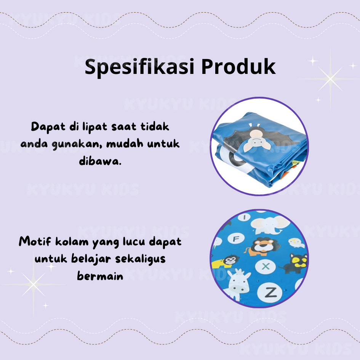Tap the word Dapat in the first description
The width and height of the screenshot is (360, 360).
click(48, 127)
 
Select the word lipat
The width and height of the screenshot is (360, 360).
click(95, 127)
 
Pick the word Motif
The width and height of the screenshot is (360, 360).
click(35, 241)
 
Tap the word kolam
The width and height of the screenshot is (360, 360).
click(72, 241)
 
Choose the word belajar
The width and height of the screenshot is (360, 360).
click(91, 259)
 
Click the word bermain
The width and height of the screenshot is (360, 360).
click(100, 275)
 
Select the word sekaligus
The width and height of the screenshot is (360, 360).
click(140, 259)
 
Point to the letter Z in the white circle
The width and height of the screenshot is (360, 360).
click(270, 293)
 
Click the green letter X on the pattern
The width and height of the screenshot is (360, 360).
click(266, 266)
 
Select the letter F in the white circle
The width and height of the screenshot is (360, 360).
click(236, 239)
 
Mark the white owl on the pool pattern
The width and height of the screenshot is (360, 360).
click(296, 243)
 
